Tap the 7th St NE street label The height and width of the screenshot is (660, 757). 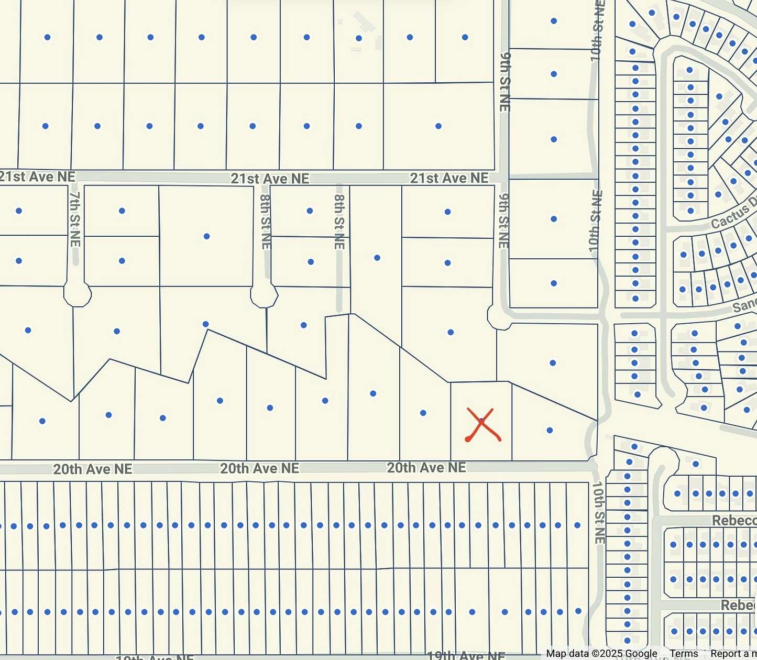pyautogui.click(x=75, y=218)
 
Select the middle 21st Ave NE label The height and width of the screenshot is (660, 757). pyautogui.click(x=270, y=179)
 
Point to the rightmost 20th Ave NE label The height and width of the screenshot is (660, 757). pyautogui.click(x=426, y=467)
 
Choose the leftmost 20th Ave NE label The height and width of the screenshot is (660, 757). pyautogui.click(x=93, y=469)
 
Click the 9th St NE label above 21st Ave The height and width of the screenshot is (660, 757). pyautogui.click(x=504, y=81)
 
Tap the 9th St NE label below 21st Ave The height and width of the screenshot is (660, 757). pyautogui.click(x=503, y=221)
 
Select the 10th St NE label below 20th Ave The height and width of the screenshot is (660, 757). pyautogui.click(x=598, y=512)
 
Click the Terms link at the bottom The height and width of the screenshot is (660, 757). pyautogui.click(x=684, y=653)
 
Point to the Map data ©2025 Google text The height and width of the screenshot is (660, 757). pyautogui.click(x=601, y=653)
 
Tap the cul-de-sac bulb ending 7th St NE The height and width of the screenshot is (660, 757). pyautogui.click(x=78, y=295)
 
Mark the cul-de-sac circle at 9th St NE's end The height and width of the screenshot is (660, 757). pyautogui.click(x=499, y=317)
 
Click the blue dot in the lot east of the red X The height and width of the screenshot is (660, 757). pyautogui.click(x=550, y=430)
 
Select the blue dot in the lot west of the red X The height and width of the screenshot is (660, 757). pyautogui.click(x=423, y=413)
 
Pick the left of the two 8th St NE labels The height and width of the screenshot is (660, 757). pyautogui.click(x=266, y=222)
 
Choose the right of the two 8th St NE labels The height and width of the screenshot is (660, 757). pyautogui.click(x=339, y=222)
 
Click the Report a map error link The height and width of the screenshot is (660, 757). pyautogui.click(x=733, y=653)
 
